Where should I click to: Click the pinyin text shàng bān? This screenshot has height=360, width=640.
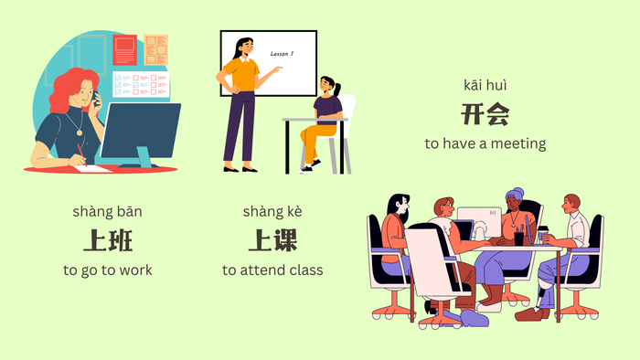click(x=107, y=212)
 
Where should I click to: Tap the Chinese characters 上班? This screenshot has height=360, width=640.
click(x=108, y=240)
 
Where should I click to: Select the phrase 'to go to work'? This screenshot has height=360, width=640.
click(x=108, y=270)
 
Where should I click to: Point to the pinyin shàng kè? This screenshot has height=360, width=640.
click(x=272, y=212)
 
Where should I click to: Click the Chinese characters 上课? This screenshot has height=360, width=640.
click(x=272, y=240)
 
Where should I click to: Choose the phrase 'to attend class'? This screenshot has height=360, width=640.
click(x=272, y=270)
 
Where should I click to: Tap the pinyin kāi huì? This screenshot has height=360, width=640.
click(x=485, y=86)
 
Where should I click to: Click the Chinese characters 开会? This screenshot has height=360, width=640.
click(x=485, y=114)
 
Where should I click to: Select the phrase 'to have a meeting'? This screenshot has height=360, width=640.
click(x=485, y=143)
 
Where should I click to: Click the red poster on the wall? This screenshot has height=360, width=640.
click(x=124, y=49)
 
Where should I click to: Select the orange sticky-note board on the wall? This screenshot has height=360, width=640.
click(x=155, y=49)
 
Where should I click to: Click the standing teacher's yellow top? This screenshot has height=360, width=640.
click(x=240, y=74)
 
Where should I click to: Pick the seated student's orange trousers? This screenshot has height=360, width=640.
click(x=317, y=137)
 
